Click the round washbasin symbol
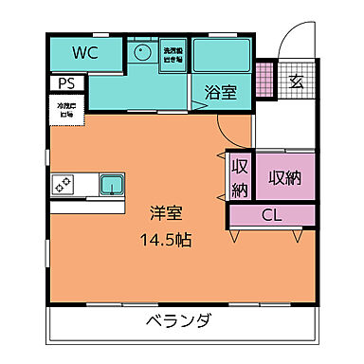[x=142, y=51]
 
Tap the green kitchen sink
[x=113, y=183]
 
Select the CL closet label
[x=271, y=214]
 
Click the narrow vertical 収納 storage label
[x=240, y=176]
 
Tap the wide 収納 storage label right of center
[x=284, y=176]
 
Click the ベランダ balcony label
[x=177, y=319]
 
